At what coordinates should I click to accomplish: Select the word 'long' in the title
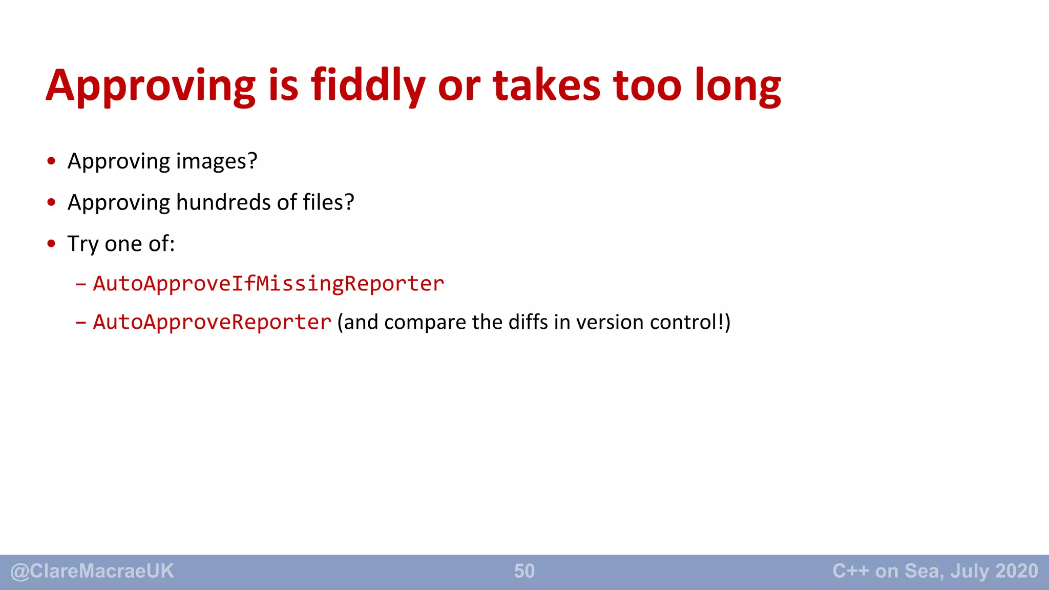click(738, 87)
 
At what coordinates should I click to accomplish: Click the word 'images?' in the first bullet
click(217, 161)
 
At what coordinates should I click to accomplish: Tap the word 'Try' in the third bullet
click(83, 244)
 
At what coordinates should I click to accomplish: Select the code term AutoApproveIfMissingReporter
click(268, 284)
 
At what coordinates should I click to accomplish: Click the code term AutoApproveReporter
click(212, 322)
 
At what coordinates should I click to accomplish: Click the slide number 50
click(524, 571)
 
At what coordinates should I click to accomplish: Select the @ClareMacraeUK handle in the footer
click(92, 571)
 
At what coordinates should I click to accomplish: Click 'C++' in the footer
click(851, 571)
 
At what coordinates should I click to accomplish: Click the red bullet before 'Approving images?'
click(51, 161)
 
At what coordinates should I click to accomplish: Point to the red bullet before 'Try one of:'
click(51, 244)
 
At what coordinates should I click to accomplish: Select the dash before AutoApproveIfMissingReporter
click(80, 284)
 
